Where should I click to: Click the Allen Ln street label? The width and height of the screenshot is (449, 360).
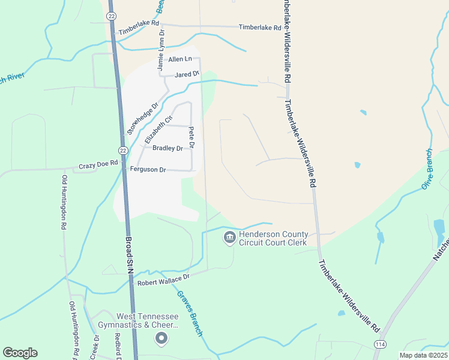[x=180, y=59]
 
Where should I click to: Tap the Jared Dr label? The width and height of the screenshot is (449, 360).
[x=187, y=74]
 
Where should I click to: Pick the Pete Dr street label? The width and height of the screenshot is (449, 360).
[x=191, y=137]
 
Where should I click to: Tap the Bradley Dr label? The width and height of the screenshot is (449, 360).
[x=167, y=148]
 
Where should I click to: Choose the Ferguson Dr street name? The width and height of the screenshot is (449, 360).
[x=148, y=170]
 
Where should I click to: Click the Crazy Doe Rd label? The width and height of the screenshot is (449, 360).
[x=99, y=166]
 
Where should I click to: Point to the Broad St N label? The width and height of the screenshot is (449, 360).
[x=129, y=255]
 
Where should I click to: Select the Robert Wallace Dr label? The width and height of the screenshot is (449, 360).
[x=163, y=277]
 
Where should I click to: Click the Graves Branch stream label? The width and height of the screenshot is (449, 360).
[x=189, y=313]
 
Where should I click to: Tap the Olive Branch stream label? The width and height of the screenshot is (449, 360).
[x=427, y=169]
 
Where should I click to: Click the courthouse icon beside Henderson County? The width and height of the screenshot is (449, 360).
[x=229, y=238]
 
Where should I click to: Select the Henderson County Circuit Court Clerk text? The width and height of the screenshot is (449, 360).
[x=273, y=238]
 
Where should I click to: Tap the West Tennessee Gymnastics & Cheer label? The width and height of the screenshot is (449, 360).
[x=147, y=320]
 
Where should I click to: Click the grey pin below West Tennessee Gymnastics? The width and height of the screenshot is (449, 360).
[x=161, y=340]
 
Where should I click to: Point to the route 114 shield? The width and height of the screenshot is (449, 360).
[x=379, y=344]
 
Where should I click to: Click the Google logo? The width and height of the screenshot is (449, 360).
[x=20, y=353]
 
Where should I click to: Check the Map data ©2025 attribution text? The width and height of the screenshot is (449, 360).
[x=423, y=355]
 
